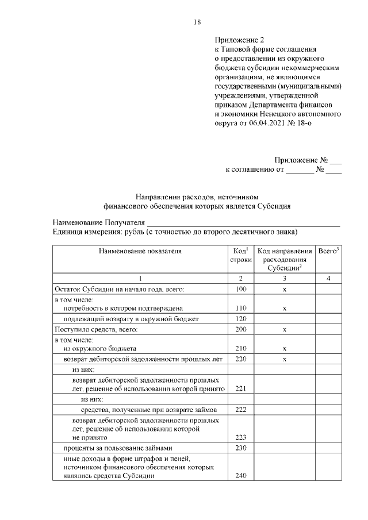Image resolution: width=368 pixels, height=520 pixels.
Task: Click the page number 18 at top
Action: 197,22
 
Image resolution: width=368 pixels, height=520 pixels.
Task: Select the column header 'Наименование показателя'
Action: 140,251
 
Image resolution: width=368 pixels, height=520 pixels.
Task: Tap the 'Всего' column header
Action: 328,251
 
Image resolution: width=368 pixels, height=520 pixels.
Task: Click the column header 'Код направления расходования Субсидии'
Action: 285,259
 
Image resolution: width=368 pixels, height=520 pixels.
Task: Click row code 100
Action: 241,289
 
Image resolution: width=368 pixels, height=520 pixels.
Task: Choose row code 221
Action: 241,388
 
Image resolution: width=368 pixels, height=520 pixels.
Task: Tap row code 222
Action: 241,409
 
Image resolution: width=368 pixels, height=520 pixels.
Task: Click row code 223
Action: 241,437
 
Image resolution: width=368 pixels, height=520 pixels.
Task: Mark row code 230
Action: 241,448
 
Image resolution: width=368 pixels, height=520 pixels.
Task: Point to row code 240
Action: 241,476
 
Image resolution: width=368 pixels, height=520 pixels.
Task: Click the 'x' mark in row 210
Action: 285,349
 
